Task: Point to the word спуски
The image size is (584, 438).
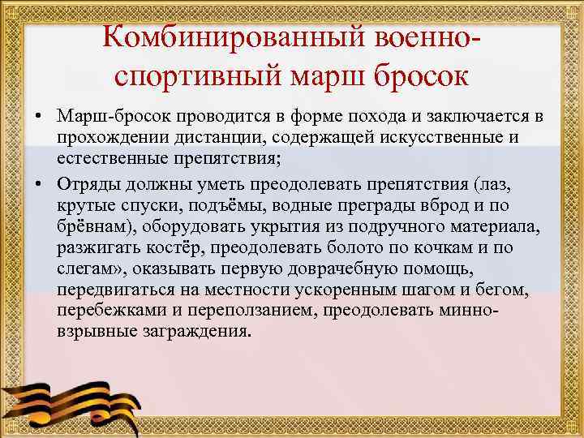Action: [145, 201]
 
